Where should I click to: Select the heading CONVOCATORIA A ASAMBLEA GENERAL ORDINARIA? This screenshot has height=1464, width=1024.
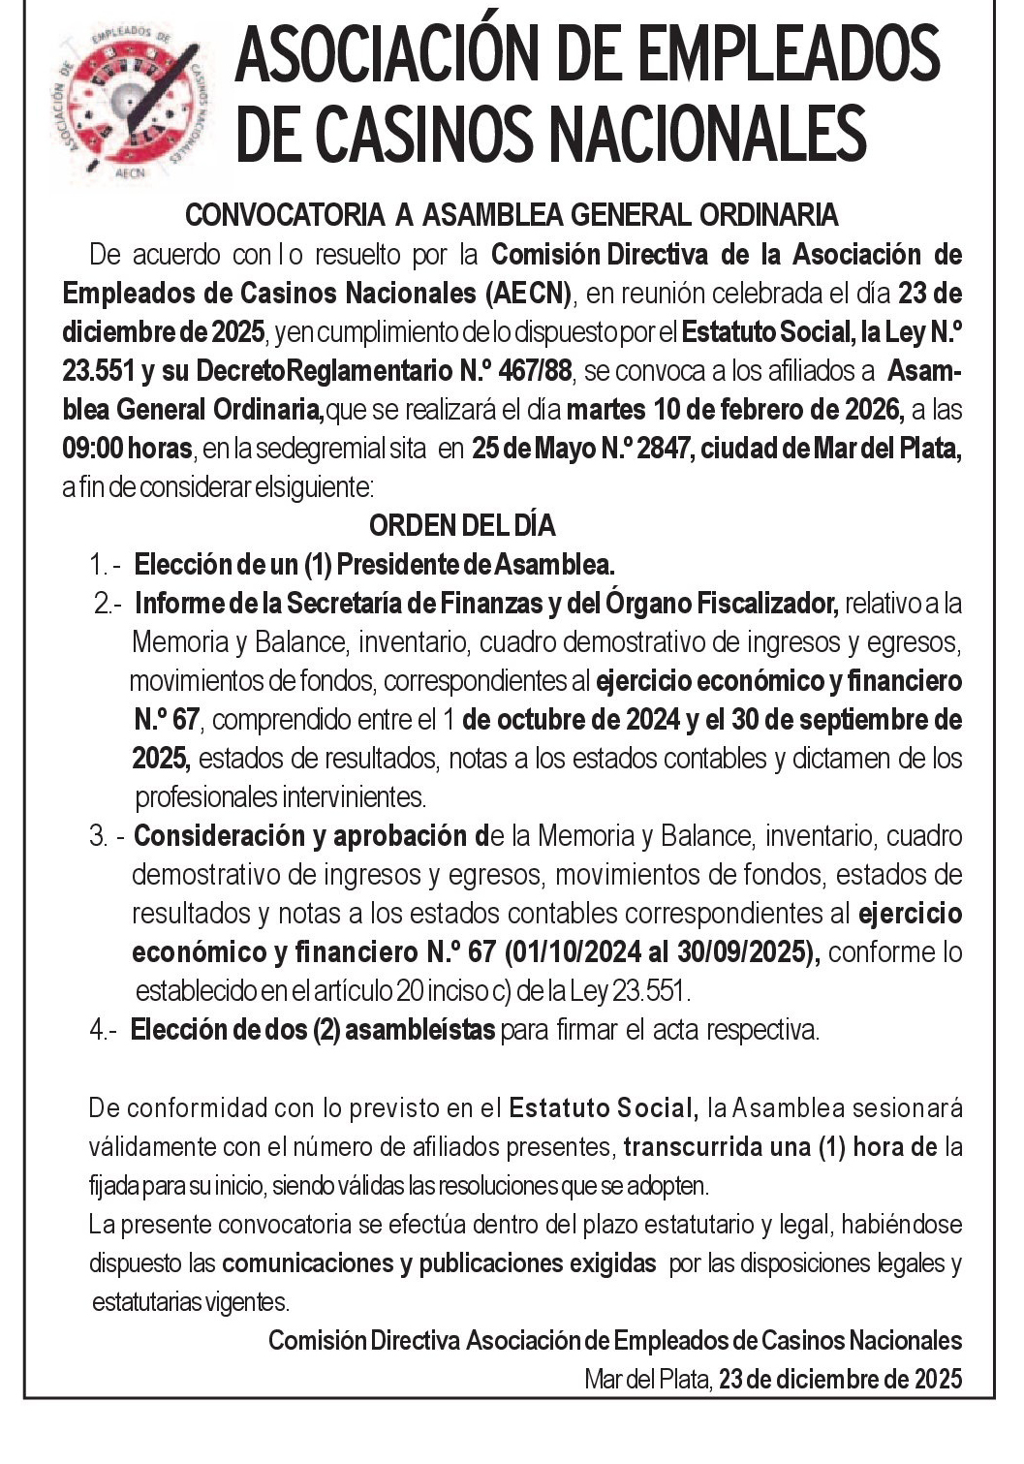point(512,214)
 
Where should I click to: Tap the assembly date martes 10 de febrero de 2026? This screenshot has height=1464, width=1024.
point(734,409)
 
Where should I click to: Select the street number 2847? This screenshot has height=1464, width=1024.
point(662,449)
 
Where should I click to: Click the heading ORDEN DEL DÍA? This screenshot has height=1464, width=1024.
point(462,525)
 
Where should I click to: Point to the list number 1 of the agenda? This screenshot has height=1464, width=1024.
point(97,564)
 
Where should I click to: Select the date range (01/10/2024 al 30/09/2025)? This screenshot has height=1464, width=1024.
point(662,951)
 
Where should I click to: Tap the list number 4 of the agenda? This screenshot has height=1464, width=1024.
point(98,1029)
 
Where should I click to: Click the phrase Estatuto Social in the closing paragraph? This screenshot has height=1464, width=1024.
point(601,1106)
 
